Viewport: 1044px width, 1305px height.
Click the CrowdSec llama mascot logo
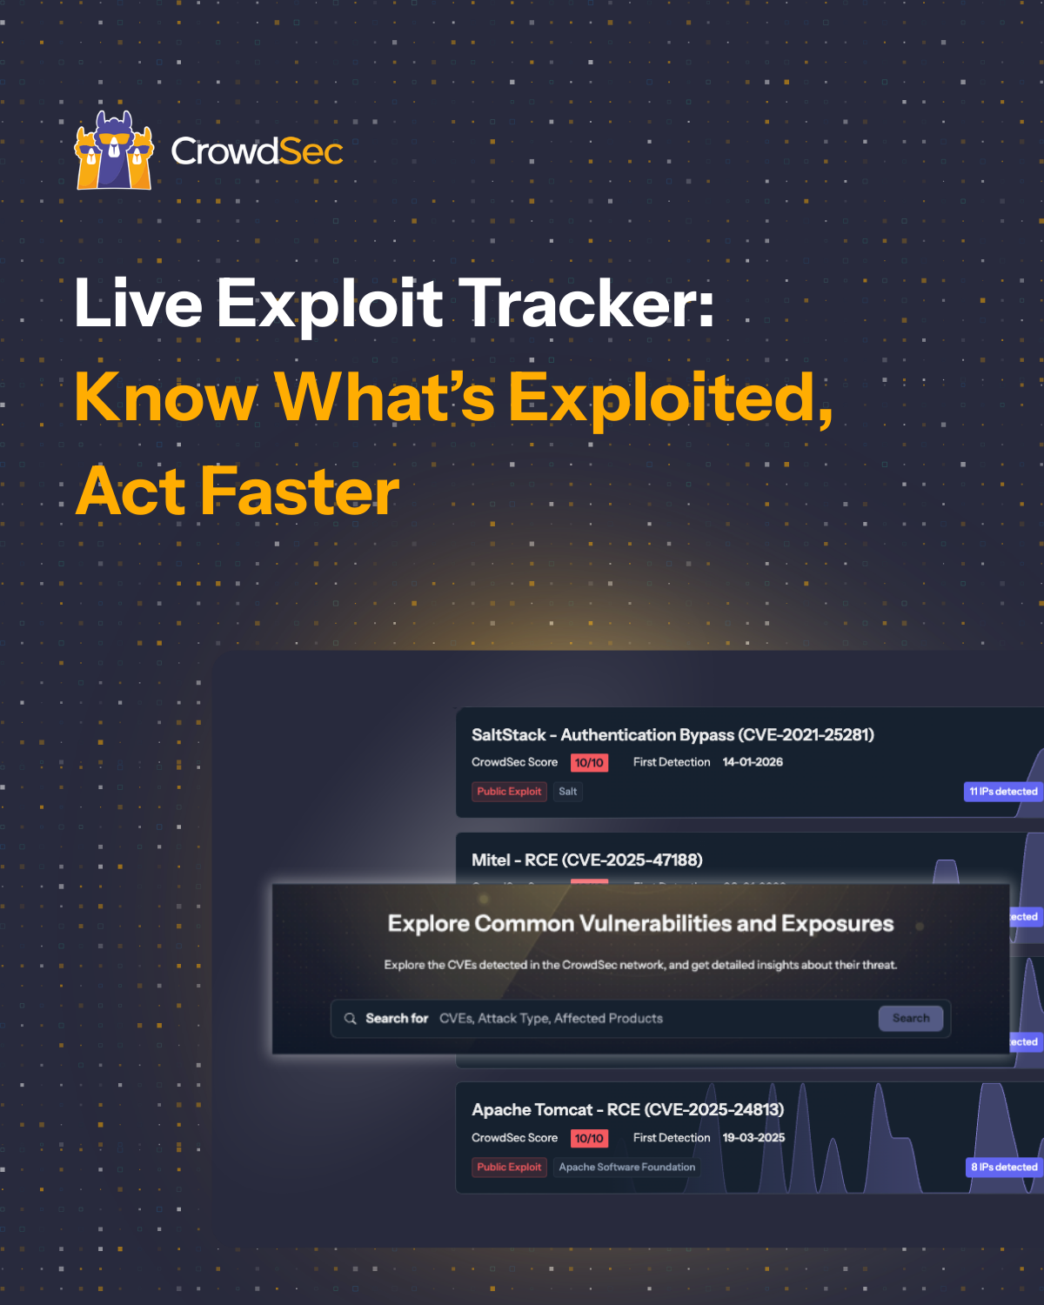(x=114, y=151)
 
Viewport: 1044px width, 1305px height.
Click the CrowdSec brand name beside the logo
(x=257, y=151)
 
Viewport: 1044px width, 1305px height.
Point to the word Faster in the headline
(x=300, y=492)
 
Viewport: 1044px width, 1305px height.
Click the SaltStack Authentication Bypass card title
(x=673, y=735)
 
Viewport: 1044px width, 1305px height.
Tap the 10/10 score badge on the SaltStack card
(x=589, y=763)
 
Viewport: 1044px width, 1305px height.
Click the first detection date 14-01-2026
(x=753, y=762)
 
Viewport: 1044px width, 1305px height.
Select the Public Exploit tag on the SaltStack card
(x=509, y=792)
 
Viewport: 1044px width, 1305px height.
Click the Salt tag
(x=568, y=792)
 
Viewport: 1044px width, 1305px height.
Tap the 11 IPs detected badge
(x=1003, y=792)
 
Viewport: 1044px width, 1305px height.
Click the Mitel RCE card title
(x=586, y=860)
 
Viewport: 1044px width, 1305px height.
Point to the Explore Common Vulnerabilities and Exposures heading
(x=640, y=924)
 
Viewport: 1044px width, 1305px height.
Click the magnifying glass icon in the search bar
(x=351, y=1019)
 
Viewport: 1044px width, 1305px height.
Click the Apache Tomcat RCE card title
(x=627, y=1110)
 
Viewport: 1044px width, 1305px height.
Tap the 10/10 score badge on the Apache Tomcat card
(x=589, y=1139)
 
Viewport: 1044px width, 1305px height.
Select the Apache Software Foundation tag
(x=626, y=1168)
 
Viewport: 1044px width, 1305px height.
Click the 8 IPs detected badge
(x=1004, y=1168)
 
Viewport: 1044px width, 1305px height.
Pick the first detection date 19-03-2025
(x=753, y=1138)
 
